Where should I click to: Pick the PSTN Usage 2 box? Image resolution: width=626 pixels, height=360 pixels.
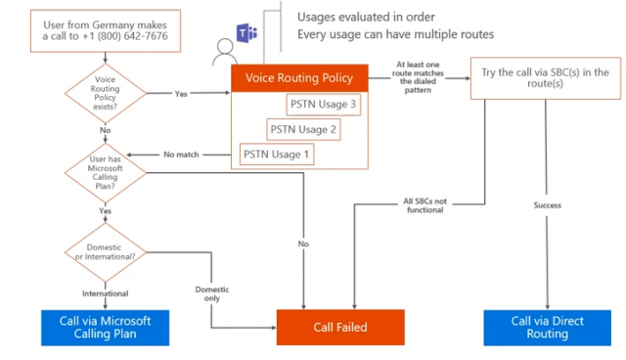[x=303, y=128]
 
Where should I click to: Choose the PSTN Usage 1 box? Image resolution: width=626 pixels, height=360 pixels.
[x=277, y=154]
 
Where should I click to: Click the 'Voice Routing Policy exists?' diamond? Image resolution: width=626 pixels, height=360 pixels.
[x=106, y=96]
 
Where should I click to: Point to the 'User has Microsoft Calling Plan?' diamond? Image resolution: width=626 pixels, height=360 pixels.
[x=106, y=172]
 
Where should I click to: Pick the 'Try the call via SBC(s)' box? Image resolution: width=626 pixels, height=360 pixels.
[x=546, y=79]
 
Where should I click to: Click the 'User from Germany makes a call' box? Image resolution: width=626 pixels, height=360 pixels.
[x=106, y=28]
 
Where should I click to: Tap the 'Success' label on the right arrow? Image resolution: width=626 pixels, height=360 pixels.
[x=547, y=205]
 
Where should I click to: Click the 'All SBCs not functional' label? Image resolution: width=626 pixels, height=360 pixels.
[x=423, y=204]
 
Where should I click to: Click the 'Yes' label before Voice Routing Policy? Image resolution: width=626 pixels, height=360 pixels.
[x=181, y=95]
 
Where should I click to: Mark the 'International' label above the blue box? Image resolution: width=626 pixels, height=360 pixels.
[x=105, y=292]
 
